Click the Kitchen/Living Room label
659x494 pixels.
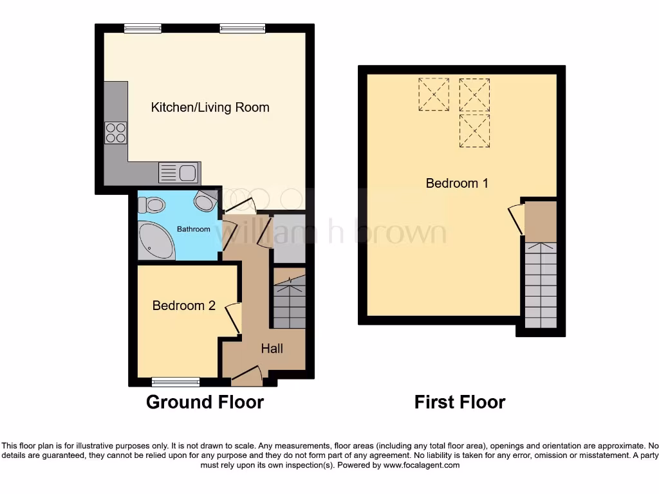pyautogui.click(x=210, y=107)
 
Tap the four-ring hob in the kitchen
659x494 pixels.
pyautogui.click(x=116, y=133)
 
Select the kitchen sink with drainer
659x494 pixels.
pyautogui.click(x=178, y=173)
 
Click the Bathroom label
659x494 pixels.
pyautogui.click(x=194, y=229)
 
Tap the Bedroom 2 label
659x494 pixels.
pyautogui.click(x=183, y=306)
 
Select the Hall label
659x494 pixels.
pyautogui.click(x=272, y=349)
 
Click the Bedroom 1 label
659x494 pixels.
pyautogui.click(x=457, y=183)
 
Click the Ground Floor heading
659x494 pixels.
pyautogui.click(x=205, y=402)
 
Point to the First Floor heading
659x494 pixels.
pyautogui.click(x=459, y=402)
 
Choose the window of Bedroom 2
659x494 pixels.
pyautogui.click(x=176, y=382)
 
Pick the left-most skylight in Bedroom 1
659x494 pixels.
pyautogui.click(x=433, y=94)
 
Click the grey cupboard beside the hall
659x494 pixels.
pyautogui.click(x=290, y=238)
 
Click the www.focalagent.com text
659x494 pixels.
pyautogui.click(x=422, y=465)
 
